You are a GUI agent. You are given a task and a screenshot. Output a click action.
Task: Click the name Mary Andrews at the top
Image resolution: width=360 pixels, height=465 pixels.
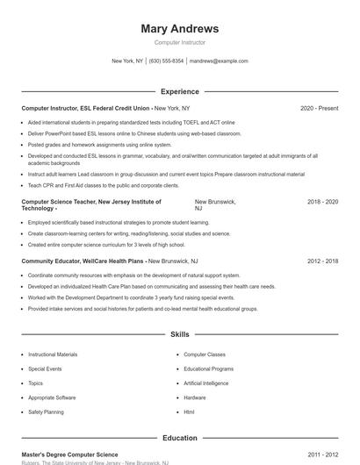(x=179, y=29)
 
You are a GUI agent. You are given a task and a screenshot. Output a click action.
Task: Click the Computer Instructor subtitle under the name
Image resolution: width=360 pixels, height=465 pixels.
(x=179, y=42)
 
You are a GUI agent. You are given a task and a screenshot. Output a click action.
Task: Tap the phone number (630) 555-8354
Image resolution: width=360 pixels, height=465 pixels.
(x=166, y=61)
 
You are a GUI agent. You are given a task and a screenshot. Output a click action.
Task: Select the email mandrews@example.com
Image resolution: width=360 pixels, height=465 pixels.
(x=219, y=61)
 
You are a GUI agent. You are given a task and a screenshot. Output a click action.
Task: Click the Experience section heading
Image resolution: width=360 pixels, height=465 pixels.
(x=179, y=91)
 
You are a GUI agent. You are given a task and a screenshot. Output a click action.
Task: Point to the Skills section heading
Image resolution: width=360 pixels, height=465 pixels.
(x=179, y=334)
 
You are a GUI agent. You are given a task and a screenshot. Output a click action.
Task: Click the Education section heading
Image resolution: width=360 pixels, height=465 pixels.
(x=179, y=438)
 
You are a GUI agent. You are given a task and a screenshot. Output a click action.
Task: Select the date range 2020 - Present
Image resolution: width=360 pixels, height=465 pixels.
(x=319, y=108)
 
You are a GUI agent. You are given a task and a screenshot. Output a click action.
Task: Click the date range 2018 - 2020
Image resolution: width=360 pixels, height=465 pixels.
(x=322, y=202)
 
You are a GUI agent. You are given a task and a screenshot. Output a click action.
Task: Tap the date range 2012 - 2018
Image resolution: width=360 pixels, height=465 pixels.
(x=322, y=261)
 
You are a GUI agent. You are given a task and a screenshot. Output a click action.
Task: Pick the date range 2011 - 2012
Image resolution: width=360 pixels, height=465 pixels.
(x=322, y=454)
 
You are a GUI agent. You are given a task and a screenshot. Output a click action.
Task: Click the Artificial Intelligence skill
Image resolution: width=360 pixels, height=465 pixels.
(x=205, y=383)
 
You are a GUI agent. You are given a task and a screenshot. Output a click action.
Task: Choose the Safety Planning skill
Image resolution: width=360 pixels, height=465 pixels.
(x=46, y=411)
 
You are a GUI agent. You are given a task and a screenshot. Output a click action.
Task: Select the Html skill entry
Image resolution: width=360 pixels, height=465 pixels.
(x=189, y=411)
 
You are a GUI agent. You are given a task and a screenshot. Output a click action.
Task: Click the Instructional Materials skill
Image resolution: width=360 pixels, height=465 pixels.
(x=53, y=354)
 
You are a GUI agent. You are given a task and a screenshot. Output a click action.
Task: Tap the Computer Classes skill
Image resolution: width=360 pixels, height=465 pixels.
(x=205, y=354)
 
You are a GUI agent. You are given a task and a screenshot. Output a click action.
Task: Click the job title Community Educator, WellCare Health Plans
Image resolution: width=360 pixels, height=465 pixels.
(x=83, y=261)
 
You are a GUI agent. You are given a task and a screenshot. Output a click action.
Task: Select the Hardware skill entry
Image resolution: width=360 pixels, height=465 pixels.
(x=194, y=397)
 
